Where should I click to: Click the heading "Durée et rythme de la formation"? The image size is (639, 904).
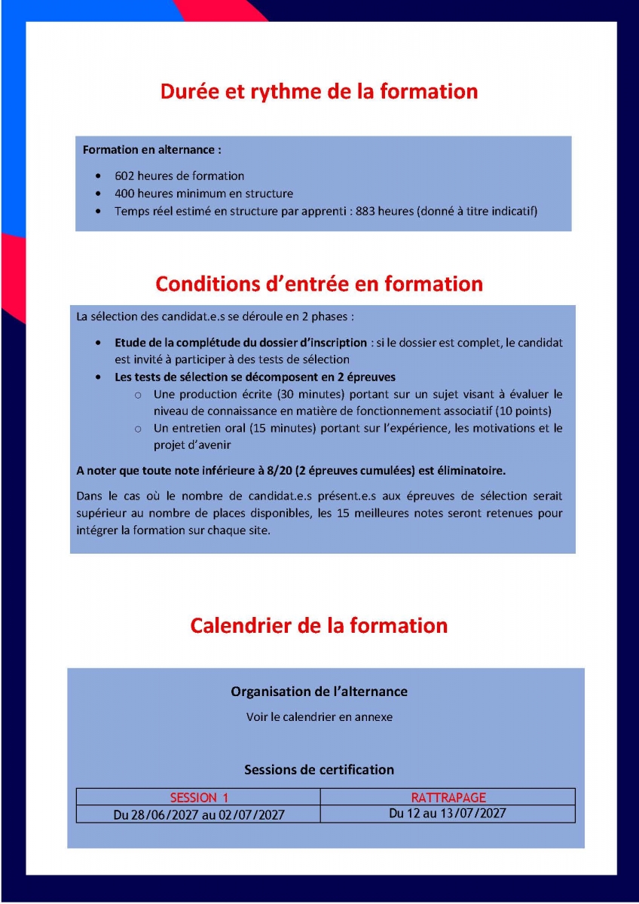pyautogui.click(x=319, y=92)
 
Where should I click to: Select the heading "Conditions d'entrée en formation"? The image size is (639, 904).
pyautogui.click(x=319, y=284)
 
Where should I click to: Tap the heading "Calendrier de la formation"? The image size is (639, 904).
pyautogui.click(x=319, y=626)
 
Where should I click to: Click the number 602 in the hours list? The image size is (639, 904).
pyautogui.click(x=124, y=176)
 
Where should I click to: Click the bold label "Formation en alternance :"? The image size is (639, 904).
pyautogui.click(x=151, y=150)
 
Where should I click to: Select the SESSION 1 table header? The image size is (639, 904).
pyautogui.click(x=199, y=798)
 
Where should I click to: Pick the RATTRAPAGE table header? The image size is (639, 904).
pyautogui.click(x=448, y=798)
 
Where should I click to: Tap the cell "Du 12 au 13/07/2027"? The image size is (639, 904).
pyautogui.click(x=448, y=814)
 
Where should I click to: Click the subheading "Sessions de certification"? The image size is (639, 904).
pyautogui.click(x=319, y=770)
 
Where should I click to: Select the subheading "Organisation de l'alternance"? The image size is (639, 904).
pyautogui.click(x=319, y=692)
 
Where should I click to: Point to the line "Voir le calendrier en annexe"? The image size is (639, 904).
pyautogui.click(x=319, y=717)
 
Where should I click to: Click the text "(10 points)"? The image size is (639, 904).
pyautogui.click(x=524, y=411)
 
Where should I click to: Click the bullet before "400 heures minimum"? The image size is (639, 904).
pyautogui.click(x=99, y=194)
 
